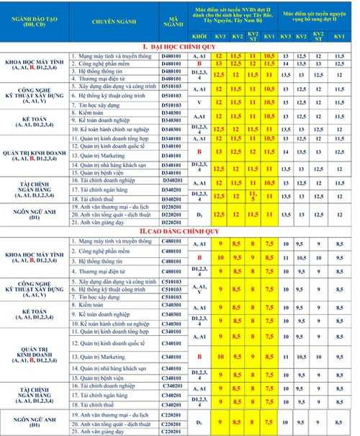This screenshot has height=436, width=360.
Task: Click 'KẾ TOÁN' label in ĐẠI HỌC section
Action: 35,120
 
